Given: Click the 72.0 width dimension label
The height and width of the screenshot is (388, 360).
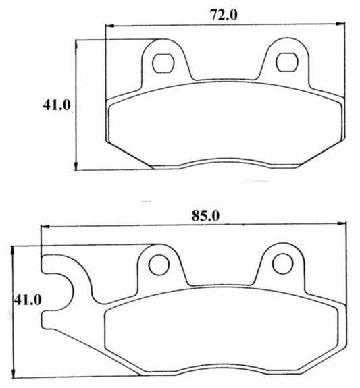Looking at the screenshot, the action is pos(224,15).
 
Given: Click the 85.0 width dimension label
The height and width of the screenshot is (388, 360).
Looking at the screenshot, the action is pos(205,216).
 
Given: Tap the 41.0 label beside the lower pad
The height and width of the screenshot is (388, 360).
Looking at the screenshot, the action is pos(27,300).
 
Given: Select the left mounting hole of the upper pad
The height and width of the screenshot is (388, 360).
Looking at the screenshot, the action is pos(163,63).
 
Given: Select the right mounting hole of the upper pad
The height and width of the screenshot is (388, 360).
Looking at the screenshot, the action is pos(286,62).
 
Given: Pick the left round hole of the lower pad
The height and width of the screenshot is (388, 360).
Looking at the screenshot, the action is pos(159,265).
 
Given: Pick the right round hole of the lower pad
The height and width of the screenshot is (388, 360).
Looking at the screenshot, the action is pos(282,264).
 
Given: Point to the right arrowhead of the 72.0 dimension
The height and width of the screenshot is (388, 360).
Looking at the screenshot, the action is pos(340,24).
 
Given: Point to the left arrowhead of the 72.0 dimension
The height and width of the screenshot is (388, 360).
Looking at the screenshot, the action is pos(110,25).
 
